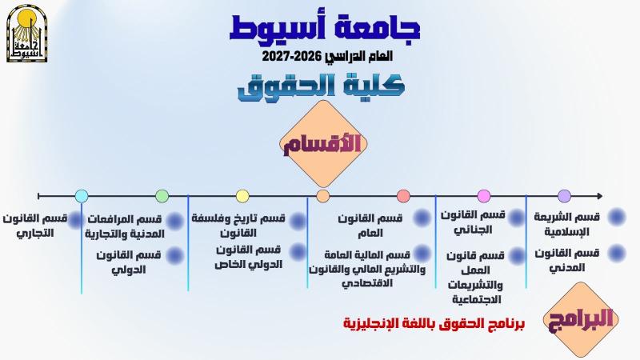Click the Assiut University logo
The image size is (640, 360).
coord(27,34)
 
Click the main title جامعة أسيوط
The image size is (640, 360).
coord(325,27)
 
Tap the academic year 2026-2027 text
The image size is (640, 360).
coord(327,56)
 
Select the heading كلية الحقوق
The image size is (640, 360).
coord(322,87)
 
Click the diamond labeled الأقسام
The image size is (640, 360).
coord(323,144)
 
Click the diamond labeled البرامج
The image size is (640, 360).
coord(581,319)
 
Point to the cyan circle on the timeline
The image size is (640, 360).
coord(82,196)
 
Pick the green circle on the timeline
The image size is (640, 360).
coord(162,196)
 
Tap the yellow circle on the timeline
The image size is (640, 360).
coord(242,196)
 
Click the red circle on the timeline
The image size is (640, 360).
coord(403,196)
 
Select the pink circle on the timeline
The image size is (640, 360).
coord(484,196)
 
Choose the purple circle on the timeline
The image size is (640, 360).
coord(564,196)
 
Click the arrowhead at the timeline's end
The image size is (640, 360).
coord(599,196)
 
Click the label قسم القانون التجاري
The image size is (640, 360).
coord(35,226)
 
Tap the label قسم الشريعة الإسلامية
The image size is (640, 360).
coord(567,224)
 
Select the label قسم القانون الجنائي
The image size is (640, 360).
coord(473,222)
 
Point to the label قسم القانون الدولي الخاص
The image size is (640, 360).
coord(249,257)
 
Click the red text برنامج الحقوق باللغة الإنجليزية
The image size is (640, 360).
coord(434,324)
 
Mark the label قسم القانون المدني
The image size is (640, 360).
coord(567,260)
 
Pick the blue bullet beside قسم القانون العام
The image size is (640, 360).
coord(422,218)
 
